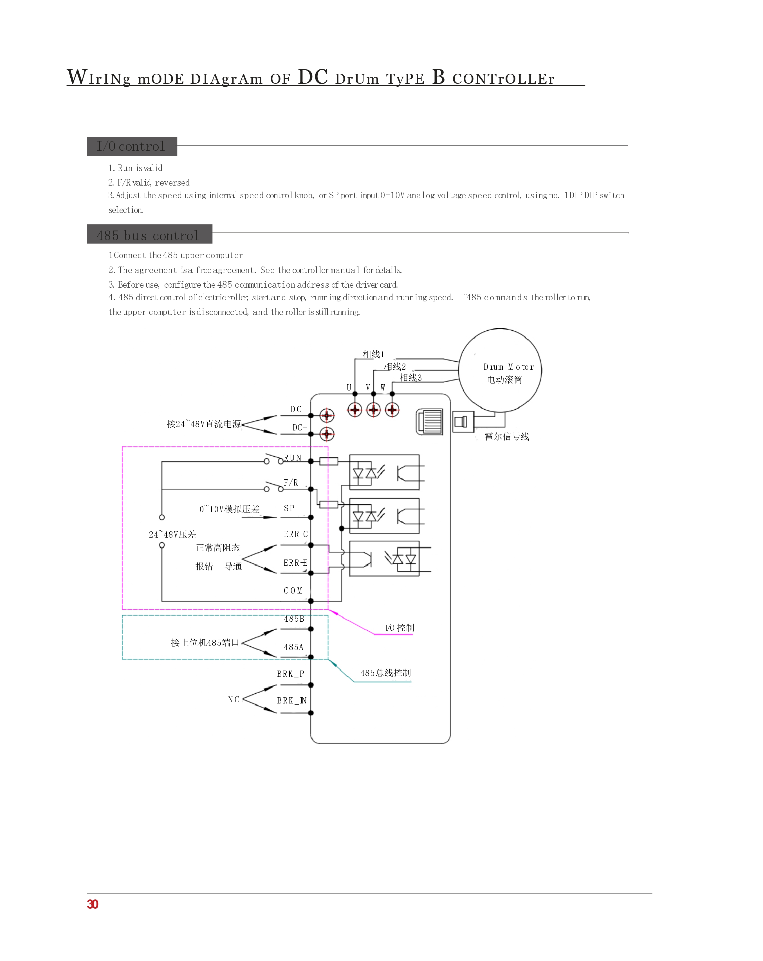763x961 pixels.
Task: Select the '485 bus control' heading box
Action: (149, 234)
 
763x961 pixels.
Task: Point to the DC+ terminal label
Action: (298, 409)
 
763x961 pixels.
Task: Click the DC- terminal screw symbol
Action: (327, 434)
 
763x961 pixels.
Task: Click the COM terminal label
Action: (293, 591)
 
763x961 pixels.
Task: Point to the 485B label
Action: (294, 619)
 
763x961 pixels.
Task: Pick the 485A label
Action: (293, 647)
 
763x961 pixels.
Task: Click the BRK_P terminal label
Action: (290, 674)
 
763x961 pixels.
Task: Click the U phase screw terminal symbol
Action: (355, 409)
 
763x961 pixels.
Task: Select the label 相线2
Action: (395, 366)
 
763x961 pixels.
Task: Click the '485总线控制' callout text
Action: (385, 673)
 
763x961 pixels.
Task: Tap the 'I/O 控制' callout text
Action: (399, 628)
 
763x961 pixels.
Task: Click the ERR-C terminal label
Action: (296, 534)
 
